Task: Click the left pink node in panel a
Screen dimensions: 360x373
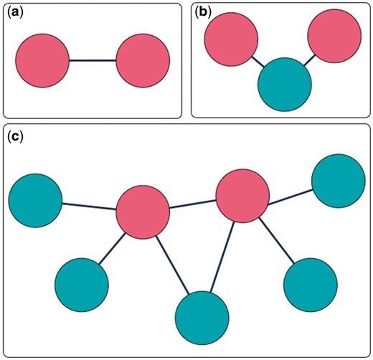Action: click(x=42, y=61)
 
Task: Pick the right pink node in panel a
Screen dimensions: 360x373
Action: click(x=142, y=61)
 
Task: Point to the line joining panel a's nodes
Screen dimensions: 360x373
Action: click(x=92, y=61)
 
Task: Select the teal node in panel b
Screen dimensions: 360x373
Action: click(x=285, y=85)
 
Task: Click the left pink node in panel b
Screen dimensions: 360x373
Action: click(x=230, y=37)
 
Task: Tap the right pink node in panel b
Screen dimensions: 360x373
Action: click(x=334, y=37)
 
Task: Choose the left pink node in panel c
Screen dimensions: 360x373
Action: click(x=142, y=211)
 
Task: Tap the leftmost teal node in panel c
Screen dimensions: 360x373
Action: click(x=35, y=200)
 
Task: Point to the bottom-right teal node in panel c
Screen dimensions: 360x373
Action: click(x=310, y=285)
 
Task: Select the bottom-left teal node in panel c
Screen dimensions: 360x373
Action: click(x=81, y=285)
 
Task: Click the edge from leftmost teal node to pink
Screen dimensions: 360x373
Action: click(x=89, y=206)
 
